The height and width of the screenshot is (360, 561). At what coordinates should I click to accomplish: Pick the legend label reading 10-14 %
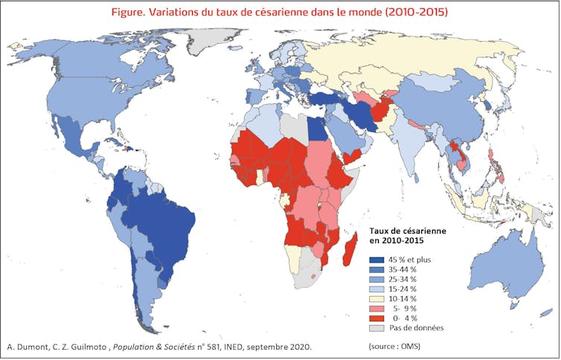408,298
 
